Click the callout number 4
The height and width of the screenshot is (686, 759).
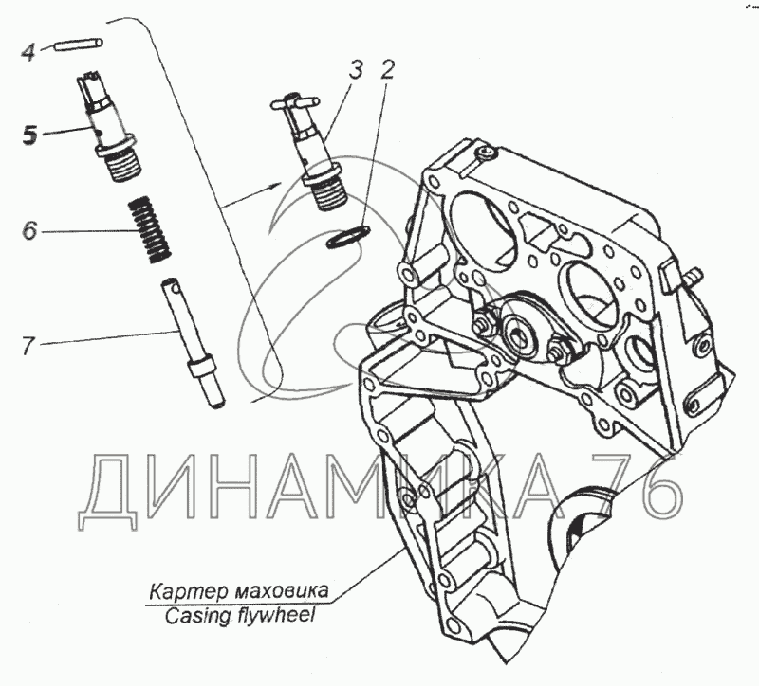click(28, 52)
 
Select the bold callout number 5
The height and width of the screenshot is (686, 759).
click(30, 135)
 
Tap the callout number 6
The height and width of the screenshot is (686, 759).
click(29, 230)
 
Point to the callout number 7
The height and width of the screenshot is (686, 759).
click(28, 345)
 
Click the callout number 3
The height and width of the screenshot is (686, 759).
click(355, 70)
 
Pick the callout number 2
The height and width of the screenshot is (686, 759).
click(387, 69)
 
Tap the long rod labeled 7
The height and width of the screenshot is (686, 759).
click(194, 342)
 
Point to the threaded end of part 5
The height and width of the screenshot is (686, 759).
click(122, 163)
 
